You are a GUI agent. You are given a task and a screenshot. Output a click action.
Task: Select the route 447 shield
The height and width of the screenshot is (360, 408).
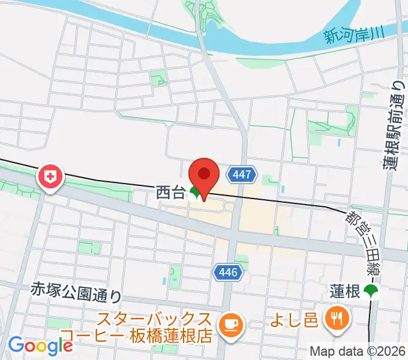[x=243, y=175]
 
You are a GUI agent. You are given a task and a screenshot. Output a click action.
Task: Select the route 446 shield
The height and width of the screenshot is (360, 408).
[x=228, y=273]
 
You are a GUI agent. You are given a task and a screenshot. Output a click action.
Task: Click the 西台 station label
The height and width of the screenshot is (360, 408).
[x=171, y=193]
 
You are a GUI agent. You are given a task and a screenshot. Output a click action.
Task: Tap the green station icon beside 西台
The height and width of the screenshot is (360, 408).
[x=196, y=193]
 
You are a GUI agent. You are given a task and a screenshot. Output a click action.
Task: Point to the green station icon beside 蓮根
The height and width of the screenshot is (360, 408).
[x=372, y=292]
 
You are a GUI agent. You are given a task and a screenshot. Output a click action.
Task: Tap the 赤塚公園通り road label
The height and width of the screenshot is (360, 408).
[x=76, y=293]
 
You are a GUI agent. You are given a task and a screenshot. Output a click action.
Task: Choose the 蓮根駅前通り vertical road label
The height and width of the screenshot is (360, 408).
[x=393, y=126]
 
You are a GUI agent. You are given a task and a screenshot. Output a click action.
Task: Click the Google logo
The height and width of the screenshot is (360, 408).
[x=40, y=345]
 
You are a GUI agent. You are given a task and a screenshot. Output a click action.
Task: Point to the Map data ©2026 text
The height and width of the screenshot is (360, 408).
[x=358, y=351]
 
